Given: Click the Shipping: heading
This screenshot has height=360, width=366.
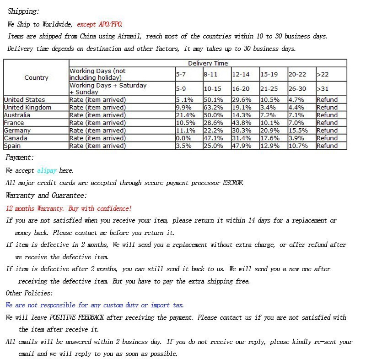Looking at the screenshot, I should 23,11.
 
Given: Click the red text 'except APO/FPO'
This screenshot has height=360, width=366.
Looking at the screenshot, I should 99,24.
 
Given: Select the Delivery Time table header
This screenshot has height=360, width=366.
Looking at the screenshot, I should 208,63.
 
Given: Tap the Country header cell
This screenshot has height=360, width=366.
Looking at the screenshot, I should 36,77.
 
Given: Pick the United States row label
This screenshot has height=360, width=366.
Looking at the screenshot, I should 24,100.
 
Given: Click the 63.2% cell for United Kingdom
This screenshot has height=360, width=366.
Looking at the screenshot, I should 213,108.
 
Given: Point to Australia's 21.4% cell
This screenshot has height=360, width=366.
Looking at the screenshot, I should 186,115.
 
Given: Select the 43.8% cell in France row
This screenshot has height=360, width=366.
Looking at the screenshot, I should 242,123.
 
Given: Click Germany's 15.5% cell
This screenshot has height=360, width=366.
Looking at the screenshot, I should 298,131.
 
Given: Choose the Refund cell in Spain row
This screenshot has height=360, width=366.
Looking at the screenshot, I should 327,146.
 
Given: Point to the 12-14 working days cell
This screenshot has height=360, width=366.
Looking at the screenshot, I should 241,74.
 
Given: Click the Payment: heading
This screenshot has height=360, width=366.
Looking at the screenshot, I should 20,158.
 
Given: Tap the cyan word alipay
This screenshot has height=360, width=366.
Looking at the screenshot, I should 47,170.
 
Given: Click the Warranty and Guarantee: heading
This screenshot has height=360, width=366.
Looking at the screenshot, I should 46,196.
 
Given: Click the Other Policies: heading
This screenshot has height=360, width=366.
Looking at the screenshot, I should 29,293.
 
